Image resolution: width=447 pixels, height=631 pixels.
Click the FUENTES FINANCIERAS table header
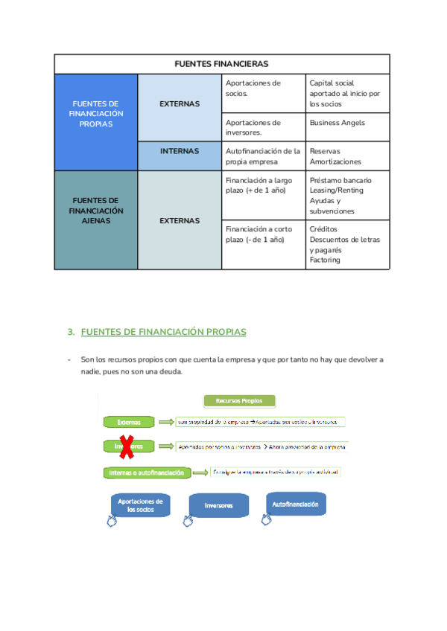221,64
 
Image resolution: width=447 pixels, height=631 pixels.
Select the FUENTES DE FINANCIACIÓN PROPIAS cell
96,114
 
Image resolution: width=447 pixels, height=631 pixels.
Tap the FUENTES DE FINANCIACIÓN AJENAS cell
96,211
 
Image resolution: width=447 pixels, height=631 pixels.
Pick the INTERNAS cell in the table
180,151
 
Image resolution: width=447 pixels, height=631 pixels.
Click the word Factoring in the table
325,260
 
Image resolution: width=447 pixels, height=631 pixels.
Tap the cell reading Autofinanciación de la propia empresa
263,156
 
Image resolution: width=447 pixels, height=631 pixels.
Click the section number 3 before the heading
71,332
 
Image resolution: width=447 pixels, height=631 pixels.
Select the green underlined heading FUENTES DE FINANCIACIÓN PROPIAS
163,332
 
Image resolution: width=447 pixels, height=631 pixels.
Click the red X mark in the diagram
127,446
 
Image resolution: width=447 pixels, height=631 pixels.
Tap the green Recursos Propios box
239,401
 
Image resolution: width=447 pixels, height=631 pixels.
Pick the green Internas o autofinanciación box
147,473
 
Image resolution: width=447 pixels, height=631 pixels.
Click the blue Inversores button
219,506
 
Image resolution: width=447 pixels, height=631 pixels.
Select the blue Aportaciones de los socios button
140,506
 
